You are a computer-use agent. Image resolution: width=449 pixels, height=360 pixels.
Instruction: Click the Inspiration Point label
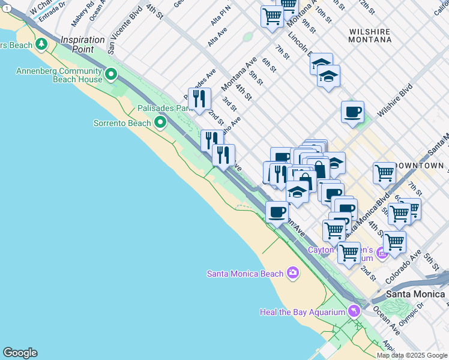[83, 44]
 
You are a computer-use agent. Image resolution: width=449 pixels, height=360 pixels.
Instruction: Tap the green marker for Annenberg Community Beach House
[111, 74]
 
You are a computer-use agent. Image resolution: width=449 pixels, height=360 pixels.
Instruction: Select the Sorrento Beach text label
[122, 123]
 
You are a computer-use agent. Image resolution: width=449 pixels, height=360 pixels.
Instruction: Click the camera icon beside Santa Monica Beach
[293, 273]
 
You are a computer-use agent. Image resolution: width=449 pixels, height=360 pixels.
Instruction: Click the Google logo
[20, 353]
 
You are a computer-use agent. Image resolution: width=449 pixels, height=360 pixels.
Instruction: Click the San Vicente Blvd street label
[119, 37]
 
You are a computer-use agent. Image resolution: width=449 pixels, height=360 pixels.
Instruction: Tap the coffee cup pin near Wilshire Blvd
[352, 111]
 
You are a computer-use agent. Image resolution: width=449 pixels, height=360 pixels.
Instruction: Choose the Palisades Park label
[164, 109]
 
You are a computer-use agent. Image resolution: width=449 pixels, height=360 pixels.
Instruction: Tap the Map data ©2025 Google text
[411, 355]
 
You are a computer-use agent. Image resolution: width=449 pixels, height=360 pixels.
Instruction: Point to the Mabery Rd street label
[80, 16]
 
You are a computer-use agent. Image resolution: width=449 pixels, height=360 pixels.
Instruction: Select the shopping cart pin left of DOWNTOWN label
[384, 173]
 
